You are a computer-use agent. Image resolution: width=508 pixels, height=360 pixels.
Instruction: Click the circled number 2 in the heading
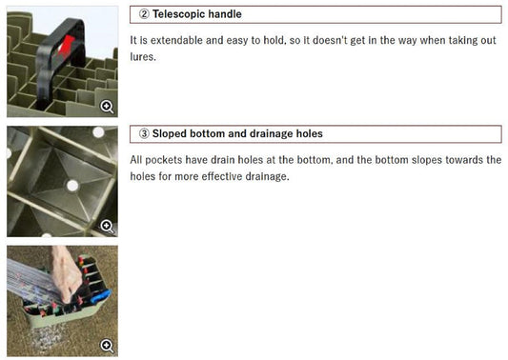pyautogui.click(x=144, y=14)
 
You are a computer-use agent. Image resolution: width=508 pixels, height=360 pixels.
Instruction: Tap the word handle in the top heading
pyautogui.click(x=225, y=14)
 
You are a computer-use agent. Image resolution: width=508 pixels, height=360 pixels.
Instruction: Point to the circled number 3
pyautogui.click(x=144, y=133)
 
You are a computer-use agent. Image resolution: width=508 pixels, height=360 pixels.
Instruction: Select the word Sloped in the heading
pyautogui.click(x=170, y=133)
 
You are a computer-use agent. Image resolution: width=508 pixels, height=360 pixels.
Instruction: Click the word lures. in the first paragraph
pyautogui.click(x=143, y=56)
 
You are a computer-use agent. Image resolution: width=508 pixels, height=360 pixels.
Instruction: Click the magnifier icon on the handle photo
pyautogui.click(x=107, y=107)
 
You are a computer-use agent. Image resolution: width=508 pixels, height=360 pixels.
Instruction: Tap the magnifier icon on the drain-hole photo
pyautogui.click(x=107, y=226)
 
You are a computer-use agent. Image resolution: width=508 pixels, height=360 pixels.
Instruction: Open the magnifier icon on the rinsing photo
pyautogui.click(x=107, y=346)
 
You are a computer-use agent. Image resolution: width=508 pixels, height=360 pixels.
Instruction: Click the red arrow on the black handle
pyautogui.click(x=66, y=47)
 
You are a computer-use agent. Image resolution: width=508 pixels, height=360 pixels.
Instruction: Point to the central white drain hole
pyautogui.click(x=72, y=186)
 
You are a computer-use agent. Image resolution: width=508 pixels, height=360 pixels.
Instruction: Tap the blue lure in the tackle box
pyautogui.click(x=102, y=296)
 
